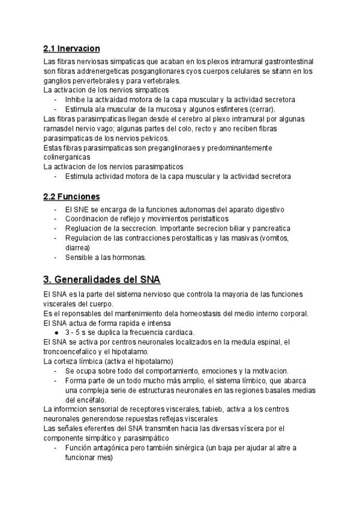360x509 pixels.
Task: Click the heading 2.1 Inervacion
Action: click(71, 48)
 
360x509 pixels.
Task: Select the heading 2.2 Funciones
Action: click(71, 196)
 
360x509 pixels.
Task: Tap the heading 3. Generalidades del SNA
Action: click(102, 280)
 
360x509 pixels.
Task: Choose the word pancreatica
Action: click(268, 228)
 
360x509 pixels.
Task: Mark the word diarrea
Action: click(77, 247)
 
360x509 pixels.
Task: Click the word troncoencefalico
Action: click(73, 352)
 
